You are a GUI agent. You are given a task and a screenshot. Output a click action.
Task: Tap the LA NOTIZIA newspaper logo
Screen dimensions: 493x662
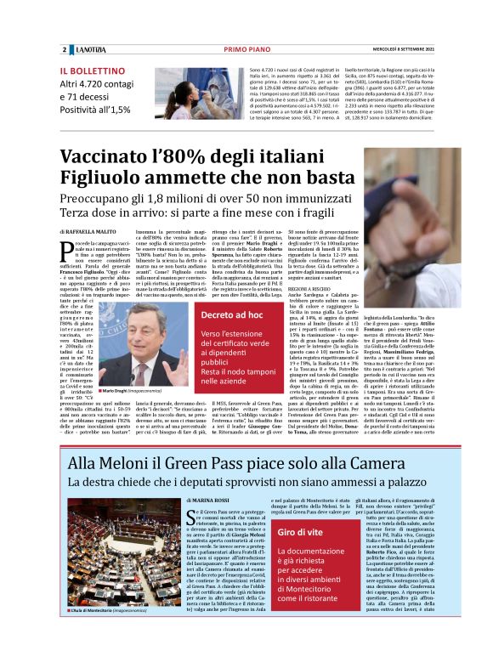[88, 50]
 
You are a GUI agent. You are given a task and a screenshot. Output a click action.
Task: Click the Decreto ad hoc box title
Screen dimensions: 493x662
[208, 315]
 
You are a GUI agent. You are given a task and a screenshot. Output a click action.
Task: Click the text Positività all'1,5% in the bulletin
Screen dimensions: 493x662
[95, 110]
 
